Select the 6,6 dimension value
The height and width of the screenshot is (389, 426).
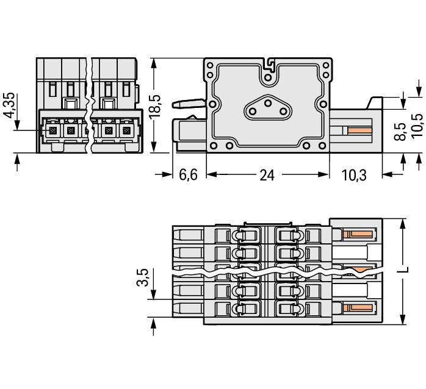(189, 175)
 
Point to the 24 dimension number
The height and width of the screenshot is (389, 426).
(267, 175)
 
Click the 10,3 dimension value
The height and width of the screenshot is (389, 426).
(354, 175)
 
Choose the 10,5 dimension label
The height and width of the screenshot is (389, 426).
(417, 126)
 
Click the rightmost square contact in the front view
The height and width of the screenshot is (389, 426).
(126, 131)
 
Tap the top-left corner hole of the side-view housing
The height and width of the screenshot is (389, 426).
(211, 65)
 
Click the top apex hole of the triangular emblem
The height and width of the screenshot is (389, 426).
(267, 103)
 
